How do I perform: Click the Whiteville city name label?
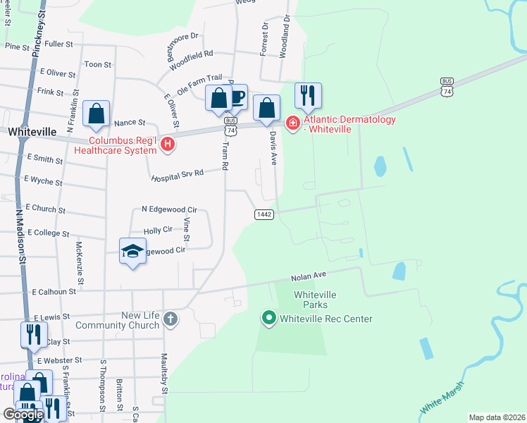tap(31, 132)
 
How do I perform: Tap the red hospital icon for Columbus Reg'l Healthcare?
tap(168, 145)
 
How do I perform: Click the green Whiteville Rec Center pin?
tap(268, 319)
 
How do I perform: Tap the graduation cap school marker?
tap(132, 252)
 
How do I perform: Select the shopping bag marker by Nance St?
tap(96, 114)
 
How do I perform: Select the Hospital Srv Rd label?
tap(177, 173)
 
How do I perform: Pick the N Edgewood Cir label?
tap(169, 209)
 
